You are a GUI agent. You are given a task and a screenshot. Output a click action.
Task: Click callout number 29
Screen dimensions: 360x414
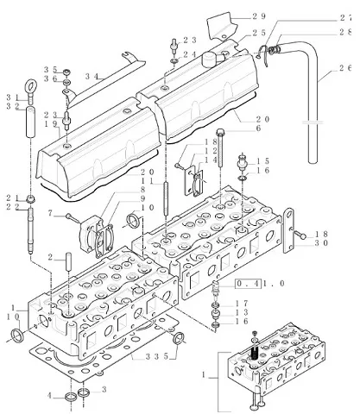pyautogui.click(x=259, y=16)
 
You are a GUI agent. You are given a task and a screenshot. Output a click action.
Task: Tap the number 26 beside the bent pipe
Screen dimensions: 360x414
pyautogui.click(x=345, y=68)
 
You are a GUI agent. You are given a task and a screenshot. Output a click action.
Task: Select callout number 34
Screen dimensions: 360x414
pyautogui.click(x=92, y=77)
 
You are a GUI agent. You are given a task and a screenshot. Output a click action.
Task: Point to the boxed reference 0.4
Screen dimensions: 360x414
pyautogui.click(x=248, y=284)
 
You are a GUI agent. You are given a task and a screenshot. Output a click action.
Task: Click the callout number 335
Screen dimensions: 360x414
pyautogui.click(x=157, y=356)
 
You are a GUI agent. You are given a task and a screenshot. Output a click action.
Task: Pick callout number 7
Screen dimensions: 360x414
pyautogui.click(x=50, y=214)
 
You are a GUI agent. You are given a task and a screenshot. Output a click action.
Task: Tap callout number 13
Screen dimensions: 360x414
pyautogui.click(x=242, y=312)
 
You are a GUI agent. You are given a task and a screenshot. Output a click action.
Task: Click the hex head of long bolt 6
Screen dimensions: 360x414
pyautogui.click(x=220, y=132)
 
